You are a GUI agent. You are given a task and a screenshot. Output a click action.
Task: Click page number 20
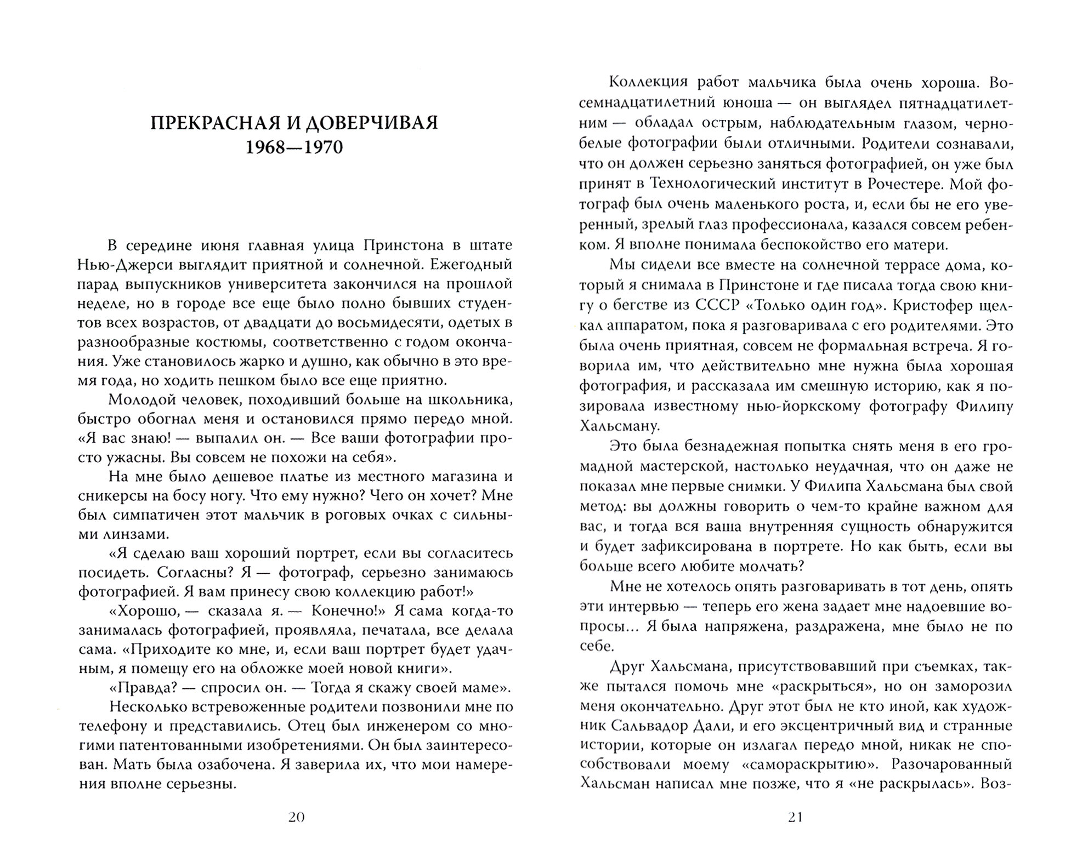pos(296,817)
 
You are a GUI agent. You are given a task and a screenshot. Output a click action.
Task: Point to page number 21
pos(796,817)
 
